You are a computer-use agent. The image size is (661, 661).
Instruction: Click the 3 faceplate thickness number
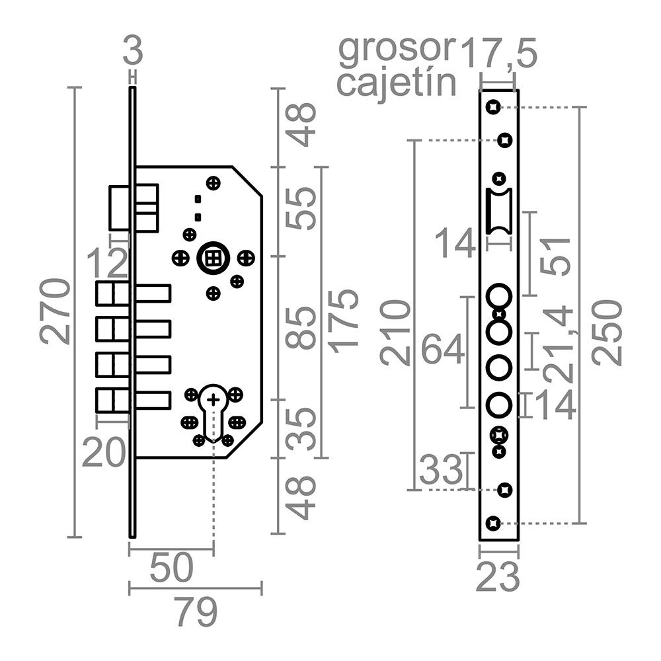tap(133, 51)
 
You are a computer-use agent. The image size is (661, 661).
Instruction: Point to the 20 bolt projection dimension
tap(104, 453)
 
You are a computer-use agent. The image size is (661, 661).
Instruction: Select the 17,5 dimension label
tap(498, 53)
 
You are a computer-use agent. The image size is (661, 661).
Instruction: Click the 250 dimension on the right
tap(607, 332)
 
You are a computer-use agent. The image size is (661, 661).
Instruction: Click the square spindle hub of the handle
tap(212, 258)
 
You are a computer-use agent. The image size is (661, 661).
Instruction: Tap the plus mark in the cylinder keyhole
tap(213, 399)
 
